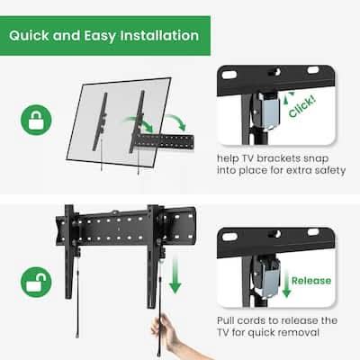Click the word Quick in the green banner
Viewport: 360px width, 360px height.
coord(29,36)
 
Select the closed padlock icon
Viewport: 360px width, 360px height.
coord(36,120)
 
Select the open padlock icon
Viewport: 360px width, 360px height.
coord(36,282)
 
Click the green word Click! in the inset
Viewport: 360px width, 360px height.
coord(301,106)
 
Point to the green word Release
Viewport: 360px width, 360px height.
coord(311,281)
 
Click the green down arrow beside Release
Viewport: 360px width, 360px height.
coord(286,283)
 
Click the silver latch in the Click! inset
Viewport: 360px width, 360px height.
coord(268,110)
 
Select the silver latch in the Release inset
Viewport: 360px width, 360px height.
coord(269,277)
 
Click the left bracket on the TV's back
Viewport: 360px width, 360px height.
coord(101,121)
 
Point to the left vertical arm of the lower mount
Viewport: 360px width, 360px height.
coord(69,251)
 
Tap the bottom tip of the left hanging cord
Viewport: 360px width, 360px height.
coord(77,336)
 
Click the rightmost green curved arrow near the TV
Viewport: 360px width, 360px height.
coord(177,121)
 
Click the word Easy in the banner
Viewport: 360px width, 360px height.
coord(100,36)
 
